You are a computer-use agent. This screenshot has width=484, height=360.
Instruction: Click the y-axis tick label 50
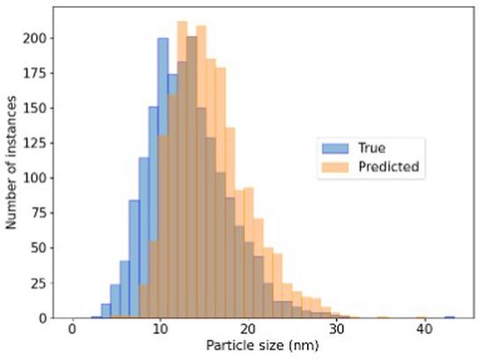(x=40, y=247)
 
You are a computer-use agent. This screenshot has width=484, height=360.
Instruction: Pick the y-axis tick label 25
(x=40, y=283)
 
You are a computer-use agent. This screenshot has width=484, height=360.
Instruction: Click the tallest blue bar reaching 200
(x=163, y=176)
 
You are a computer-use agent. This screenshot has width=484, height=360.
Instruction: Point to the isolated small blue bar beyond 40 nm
(x=450, y=315)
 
